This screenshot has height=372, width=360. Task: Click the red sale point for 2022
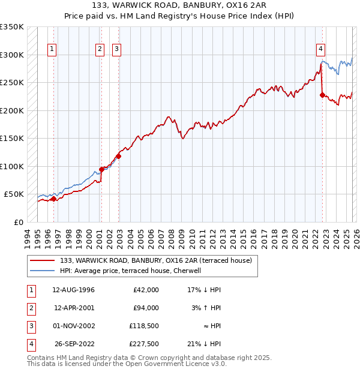(x=322, y=95)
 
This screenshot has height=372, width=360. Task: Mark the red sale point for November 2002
(x=118, y=156)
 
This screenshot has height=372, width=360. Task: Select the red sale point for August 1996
(x=53, y=199)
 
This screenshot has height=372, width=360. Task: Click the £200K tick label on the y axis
(x=12, y=110)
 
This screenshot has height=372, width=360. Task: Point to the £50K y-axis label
(x=14, y=194)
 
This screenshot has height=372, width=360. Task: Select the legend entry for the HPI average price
(x=133, y=271)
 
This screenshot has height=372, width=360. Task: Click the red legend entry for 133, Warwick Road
(x=158, y=260)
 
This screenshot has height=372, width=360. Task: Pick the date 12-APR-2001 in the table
(x=74, y=308)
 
